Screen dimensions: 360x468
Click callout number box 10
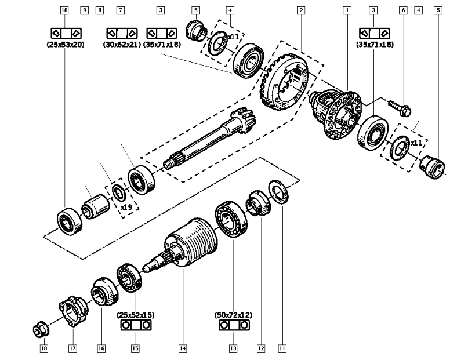[x=64, y=10]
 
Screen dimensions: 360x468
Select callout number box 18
[x=43, y=348]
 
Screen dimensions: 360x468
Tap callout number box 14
[x=182, y=348]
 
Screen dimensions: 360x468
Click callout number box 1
[x=347, y=10]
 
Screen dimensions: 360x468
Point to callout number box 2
[x=300, y=10]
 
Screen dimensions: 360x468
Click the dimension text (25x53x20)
[x=64, y=45]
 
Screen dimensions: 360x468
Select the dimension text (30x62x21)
[x=121, y=45]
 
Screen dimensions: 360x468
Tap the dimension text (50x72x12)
[x=233, y=315]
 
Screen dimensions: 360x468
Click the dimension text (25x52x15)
[x=136, y=315]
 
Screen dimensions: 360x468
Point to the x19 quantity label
[x=127, y=207]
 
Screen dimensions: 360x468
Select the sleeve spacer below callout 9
[x=95, y=206]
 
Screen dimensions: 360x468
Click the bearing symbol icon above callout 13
[x=233, y=326]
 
